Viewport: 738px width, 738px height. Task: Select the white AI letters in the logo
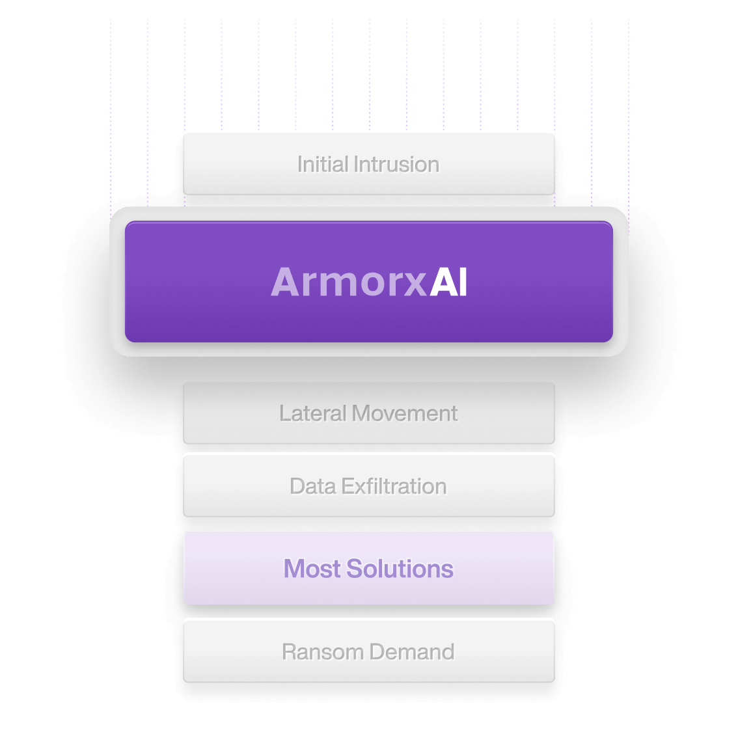pyautogui.click(x=449, y=282)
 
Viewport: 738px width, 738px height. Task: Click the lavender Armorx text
pyautogui.click(x=349, y=282)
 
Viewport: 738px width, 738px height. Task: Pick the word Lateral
pyautogui.click(x=312, y=413)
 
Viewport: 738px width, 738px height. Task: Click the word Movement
pyautogui.click(x=405, y=413)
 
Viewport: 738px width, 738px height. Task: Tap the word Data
pyautogui.click(x=312, y=486)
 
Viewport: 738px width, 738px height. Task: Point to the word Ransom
pyautogui.click(x=322, y=651)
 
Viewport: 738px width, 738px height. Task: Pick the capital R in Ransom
pyautogui.click(x=288, y=651)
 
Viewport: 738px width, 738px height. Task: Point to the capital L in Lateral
pyautogui.click(x=284, y=413)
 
